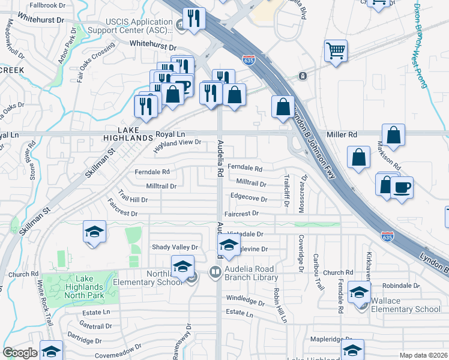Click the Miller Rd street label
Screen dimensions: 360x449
[342, 134]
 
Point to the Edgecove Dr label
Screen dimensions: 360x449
[249, 197]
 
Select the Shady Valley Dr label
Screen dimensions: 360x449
[175, 247]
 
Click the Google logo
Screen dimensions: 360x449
[20, 352]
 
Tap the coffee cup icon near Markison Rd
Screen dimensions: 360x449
[402, 188]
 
